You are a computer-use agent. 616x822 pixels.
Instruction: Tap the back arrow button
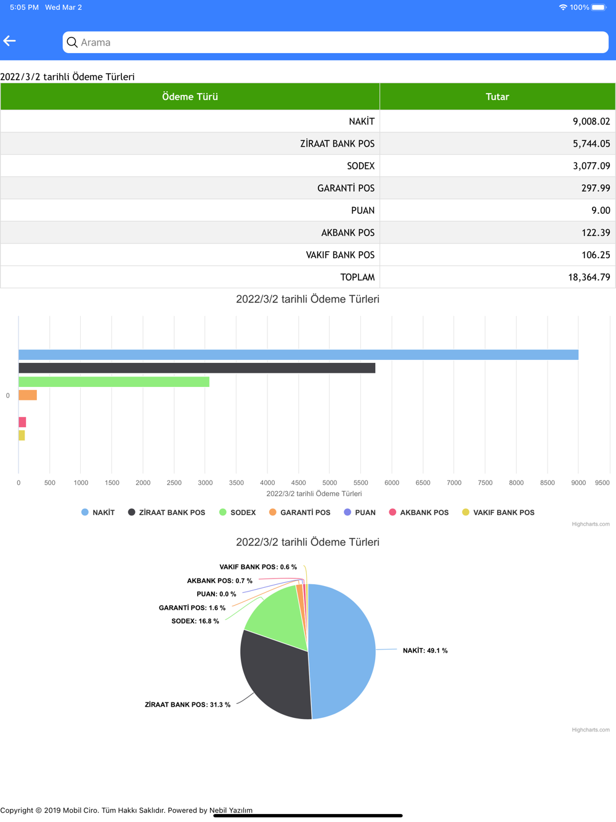pos(10,41)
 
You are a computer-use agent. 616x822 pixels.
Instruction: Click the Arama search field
pos(335,43)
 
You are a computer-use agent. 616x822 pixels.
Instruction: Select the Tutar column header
pos(497,97)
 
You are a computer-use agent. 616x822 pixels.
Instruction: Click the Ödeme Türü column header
pos(190,97)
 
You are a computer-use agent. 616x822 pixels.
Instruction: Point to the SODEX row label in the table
pos(360,166)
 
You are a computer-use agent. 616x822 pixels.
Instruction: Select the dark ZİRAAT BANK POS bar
pos(197,368)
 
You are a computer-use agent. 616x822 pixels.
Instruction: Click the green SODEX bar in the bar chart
pos(114,382)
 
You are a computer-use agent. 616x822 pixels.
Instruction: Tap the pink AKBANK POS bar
pos(22,422)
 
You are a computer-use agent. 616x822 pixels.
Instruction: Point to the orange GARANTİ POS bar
pos(28,395)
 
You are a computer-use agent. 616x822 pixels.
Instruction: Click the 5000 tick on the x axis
pos(330,483)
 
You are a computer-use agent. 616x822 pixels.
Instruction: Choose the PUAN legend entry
pos(360,513)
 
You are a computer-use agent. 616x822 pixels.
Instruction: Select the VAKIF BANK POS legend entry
pos(498,513)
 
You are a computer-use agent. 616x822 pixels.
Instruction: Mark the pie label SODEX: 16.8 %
pos(195,621)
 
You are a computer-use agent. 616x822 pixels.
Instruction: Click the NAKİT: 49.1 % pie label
pos(425,651)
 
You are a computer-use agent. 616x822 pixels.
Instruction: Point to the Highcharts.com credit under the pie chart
pos(590,730)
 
